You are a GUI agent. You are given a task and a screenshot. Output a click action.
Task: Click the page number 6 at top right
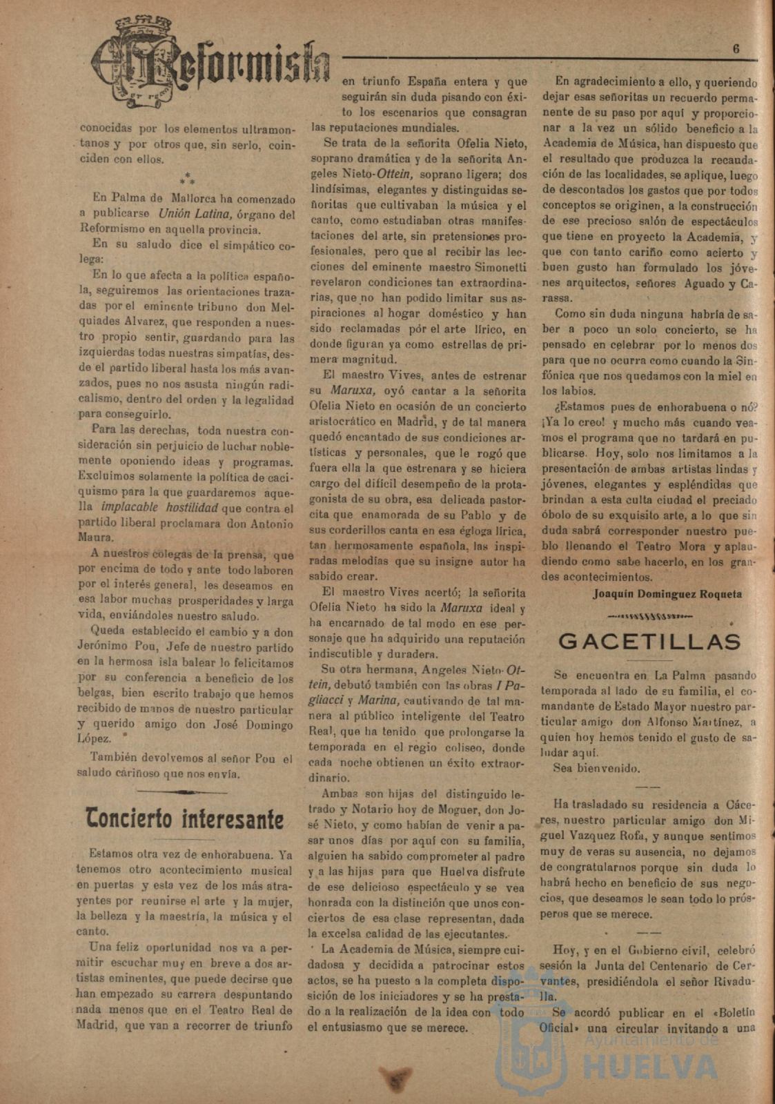[736, 49]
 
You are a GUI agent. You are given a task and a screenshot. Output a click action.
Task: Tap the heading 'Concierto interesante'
[184, 820]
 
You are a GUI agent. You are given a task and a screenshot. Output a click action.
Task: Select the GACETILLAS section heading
[649, 641]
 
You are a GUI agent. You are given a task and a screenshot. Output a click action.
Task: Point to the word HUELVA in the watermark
[641, 1069]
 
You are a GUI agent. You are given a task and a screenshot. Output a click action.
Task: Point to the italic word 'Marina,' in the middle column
[378, 700]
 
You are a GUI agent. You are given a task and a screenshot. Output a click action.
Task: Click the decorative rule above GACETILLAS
[649, 616]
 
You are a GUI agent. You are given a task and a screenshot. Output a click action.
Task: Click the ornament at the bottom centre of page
[394, 1078]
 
